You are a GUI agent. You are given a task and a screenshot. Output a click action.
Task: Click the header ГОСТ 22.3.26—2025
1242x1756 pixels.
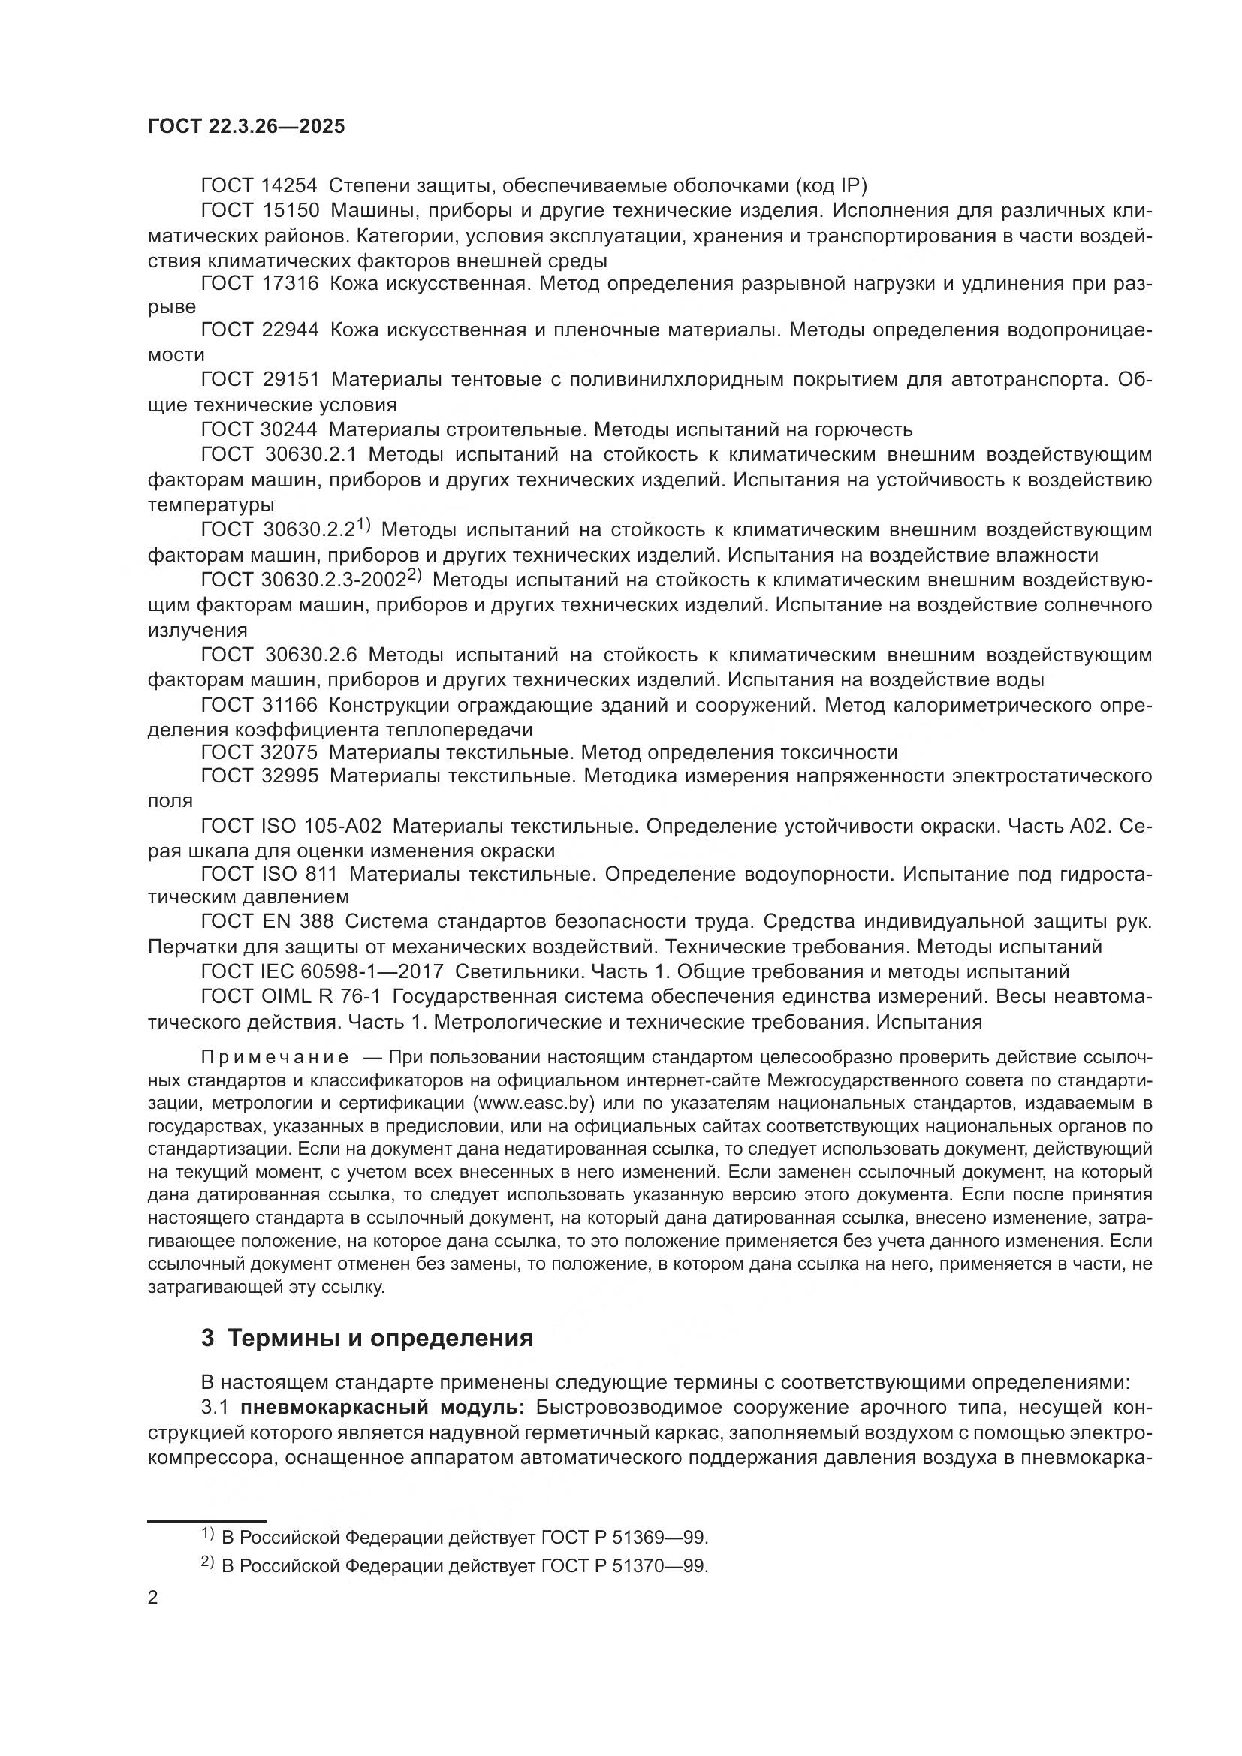(246, 126)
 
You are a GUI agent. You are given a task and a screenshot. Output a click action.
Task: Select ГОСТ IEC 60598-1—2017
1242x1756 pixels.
(322, 972)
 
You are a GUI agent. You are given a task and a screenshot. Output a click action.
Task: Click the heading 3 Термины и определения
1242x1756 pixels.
(366, 1338)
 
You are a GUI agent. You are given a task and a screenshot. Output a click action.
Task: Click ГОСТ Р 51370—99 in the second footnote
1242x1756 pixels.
(624, 1565)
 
